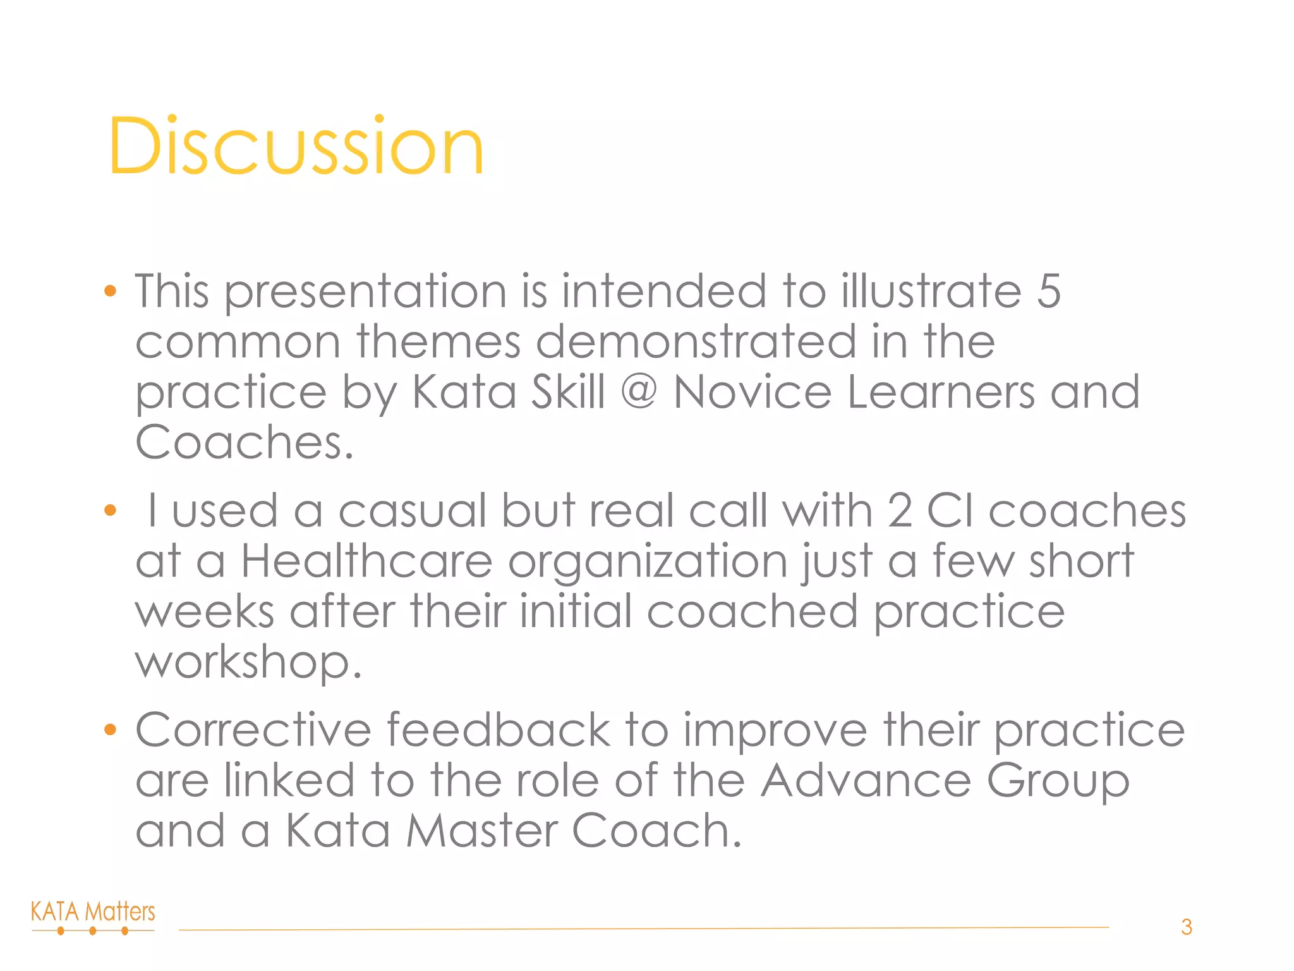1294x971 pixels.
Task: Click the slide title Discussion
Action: (x=296, y=146)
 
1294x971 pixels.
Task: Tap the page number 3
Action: (x=1186, y=927)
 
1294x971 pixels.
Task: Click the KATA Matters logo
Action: (x=93, y=917)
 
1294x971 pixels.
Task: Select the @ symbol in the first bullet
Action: (x=639, y=391)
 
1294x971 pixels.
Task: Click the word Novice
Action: (x=752, y=391)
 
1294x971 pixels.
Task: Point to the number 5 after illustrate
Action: (x=1048, y=291)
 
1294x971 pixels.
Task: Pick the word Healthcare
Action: (x=366, y=561)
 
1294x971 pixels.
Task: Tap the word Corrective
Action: (x=253, y=730)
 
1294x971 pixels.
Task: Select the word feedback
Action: (x=498, y=730)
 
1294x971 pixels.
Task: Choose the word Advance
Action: (x=865, y=780)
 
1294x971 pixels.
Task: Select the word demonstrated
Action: (x=696, y=341)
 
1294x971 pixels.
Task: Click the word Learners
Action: (x=940, y=391)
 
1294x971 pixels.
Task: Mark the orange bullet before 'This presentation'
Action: (x=111, y=291)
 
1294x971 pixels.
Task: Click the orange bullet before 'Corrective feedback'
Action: (x=111, y=730)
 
